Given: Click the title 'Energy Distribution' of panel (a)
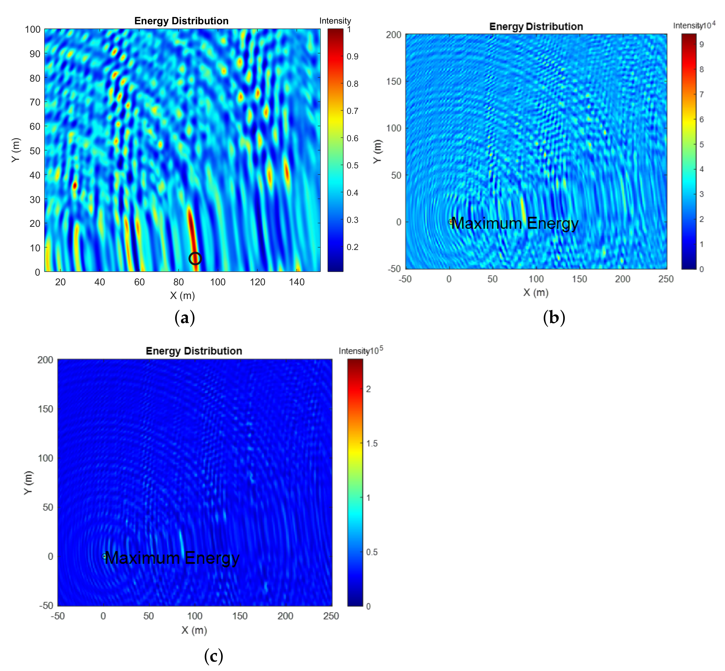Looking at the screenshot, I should pyautogui.click(x=181, y=21).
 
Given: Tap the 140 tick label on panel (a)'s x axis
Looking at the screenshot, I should pyautogui.click(x=297, y=282).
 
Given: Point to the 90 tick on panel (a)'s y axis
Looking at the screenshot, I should pyautogui.click(x=35, y=54).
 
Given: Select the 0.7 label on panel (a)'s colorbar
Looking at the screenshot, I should pyautogui.click(x=352, y=111).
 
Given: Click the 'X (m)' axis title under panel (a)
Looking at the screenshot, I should pyautogui.click(x=182, y=295).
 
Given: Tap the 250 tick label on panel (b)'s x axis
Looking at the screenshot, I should pyautogui.click(x=666, y=279).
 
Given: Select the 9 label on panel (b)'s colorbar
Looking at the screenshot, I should pyautogui.click(x=701, y=44).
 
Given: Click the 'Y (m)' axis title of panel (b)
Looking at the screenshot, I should pyautogui.click(x=378, y=151).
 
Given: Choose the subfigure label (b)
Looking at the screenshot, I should pyautogui.click(x=554, y=318).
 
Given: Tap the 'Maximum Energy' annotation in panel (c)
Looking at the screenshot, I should pyautogui.click(x=172, y=558).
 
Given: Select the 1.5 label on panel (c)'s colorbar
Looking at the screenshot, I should pyautogui.click(x=371, y=443).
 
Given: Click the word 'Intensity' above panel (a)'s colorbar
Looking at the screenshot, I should pyautogui.click(x=335, y=21).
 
